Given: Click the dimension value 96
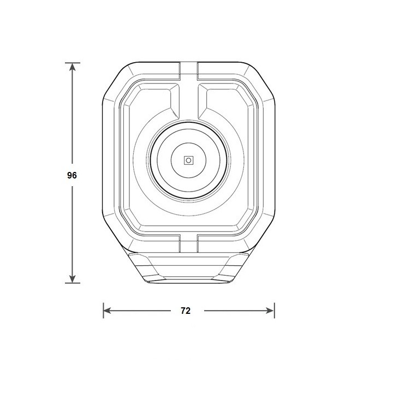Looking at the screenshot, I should tap(72, 176).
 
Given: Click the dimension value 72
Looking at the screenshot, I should tap(185, 311).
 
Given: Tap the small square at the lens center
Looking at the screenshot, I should tap(189, 160).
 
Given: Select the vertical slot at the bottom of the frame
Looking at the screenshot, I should tap(189, 243).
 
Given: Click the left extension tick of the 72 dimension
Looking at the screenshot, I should tap(103, 311).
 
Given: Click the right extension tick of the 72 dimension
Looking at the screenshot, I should tap(274, 311).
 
